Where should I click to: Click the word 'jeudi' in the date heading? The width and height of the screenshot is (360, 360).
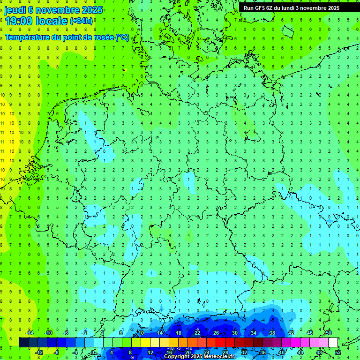[15, 10]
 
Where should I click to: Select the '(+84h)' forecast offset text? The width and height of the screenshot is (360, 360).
[81, 21]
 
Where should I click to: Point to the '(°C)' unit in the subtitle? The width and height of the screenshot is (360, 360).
[122, 37]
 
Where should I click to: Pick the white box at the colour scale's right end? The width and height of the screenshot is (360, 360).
[333, 343]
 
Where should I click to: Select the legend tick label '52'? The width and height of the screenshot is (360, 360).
[337, 352]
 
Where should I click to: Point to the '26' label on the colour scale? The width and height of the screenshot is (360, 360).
[216, 333]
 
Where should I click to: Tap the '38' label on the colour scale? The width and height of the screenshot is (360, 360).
[272, 333]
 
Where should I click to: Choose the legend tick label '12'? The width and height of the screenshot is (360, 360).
[150, 352]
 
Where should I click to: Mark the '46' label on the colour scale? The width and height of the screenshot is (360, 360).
[310, 333]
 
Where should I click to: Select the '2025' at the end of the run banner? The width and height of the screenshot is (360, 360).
[334, 8]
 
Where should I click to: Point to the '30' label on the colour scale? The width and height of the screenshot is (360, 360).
[235, 333]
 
